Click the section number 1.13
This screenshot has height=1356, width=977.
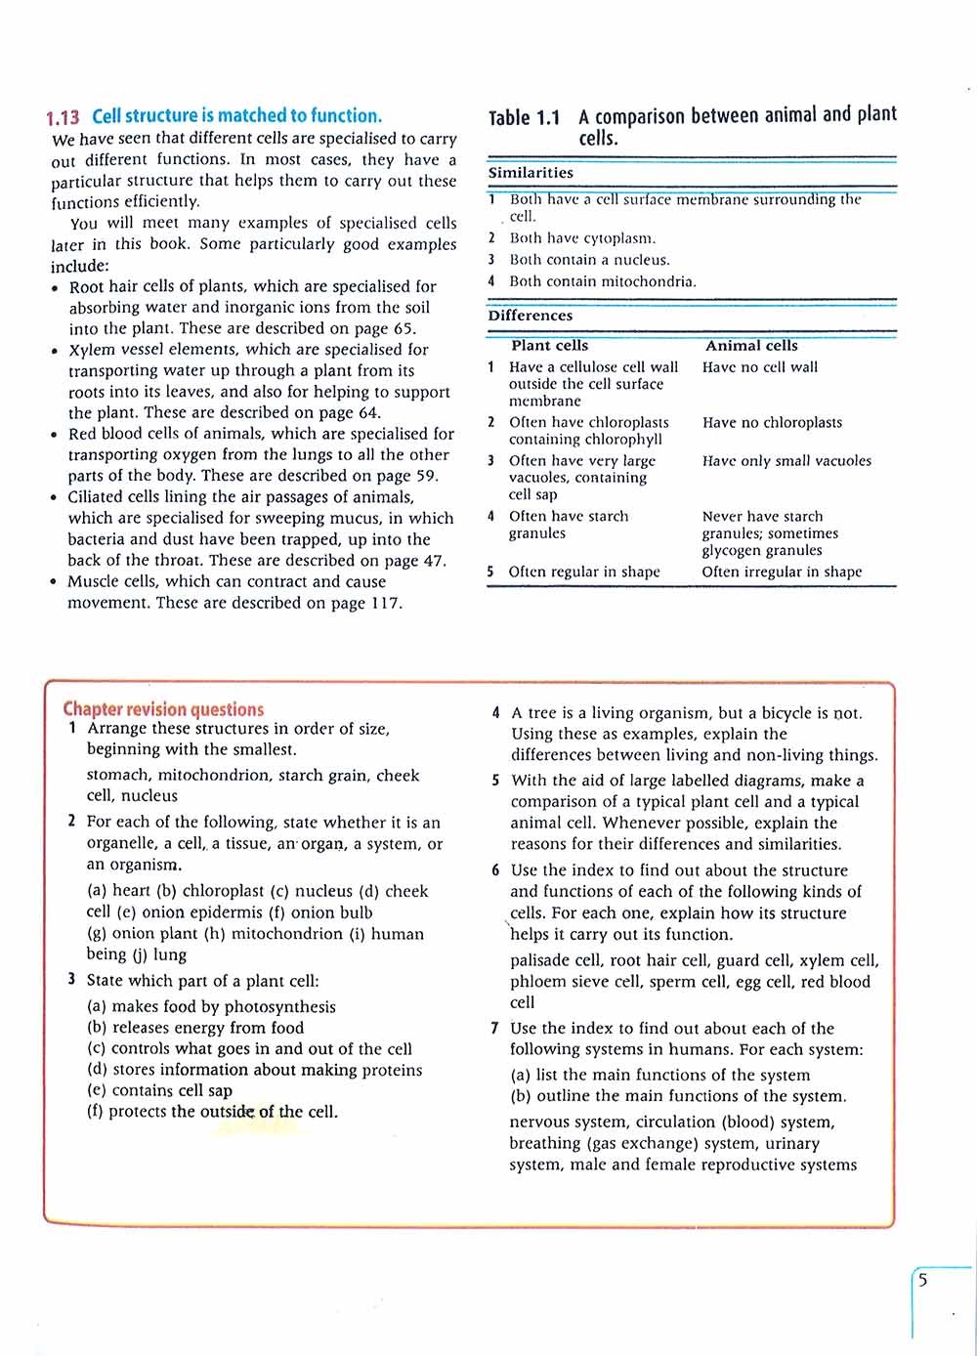click(x=63, y=117)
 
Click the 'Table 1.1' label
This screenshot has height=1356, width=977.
click(x=524, y=118)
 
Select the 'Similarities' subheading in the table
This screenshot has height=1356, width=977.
click(x=531, y=173)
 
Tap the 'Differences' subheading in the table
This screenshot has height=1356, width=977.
click(x=531, y=316)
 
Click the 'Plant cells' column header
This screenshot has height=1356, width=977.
click(x=549, y=346)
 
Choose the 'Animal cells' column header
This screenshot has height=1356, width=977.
click(x=751, y=346)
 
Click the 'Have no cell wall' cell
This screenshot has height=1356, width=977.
click(x=760, y=367)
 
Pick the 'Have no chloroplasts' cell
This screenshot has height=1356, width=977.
click(x=772, y=423)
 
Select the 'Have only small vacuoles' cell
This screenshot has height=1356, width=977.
click(x=786, y=461)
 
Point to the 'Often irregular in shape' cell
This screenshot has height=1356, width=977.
click(x=782, y=572)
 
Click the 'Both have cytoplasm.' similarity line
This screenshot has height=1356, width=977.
click(x=582, y=238)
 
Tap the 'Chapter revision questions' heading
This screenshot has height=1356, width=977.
click(x=163, y=709)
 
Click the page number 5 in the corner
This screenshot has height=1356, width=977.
click(x=922, y=1281)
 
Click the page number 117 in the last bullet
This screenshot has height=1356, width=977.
click(x=385, y=603)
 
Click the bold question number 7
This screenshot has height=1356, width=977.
click(x=495, y=1028)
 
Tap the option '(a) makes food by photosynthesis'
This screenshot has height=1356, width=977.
click(x=211, y=1006)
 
